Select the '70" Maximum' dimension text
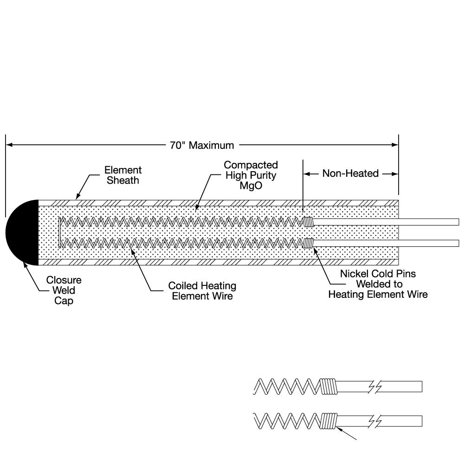(202, 145)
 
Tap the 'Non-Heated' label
(350, 174)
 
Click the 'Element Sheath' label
(123, 175)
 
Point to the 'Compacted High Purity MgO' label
(251, 175)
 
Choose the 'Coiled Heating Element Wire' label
(202, 291)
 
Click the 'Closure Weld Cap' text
(64, 290)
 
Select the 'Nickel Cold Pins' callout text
(378, 274)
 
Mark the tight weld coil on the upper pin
(309, 222)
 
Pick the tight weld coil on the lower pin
(309, 243)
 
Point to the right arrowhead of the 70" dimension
(395, 145)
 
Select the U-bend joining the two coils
(60, 232)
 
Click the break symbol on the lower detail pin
(374, 421)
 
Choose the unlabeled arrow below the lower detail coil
(346, 433)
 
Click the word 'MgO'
(251, 186)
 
